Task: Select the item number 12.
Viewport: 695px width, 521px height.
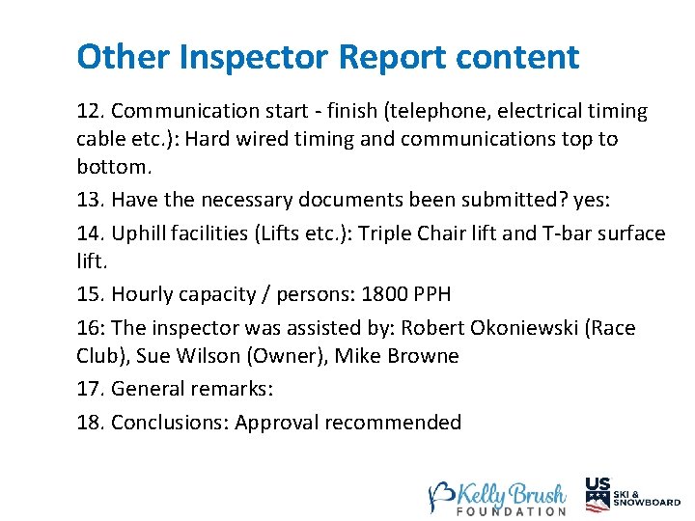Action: (90, 112)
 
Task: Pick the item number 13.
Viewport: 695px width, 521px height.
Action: (90, 200)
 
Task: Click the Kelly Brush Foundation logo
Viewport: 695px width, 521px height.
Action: (497, 496)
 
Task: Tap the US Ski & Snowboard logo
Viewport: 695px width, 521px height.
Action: (632, 493)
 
